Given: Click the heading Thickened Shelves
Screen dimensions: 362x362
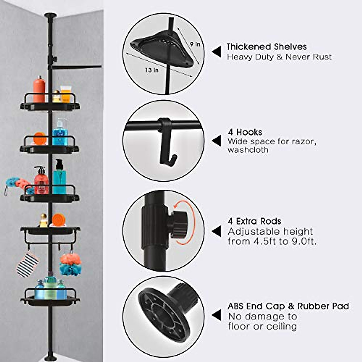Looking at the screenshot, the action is pos(266,47).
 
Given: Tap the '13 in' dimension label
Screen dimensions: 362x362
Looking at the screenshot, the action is pos(152,70).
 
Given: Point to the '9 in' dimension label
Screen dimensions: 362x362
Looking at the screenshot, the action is pos(195,44).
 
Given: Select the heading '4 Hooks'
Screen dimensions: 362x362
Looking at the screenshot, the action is pos(245,132).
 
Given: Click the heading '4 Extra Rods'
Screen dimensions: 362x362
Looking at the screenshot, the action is pos(254,221).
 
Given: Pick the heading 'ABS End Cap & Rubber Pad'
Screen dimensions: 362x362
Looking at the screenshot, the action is pos(288,306).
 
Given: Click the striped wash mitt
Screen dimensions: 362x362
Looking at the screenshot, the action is pos(27,265).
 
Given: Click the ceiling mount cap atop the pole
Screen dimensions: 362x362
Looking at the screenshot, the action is pos(50,15).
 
